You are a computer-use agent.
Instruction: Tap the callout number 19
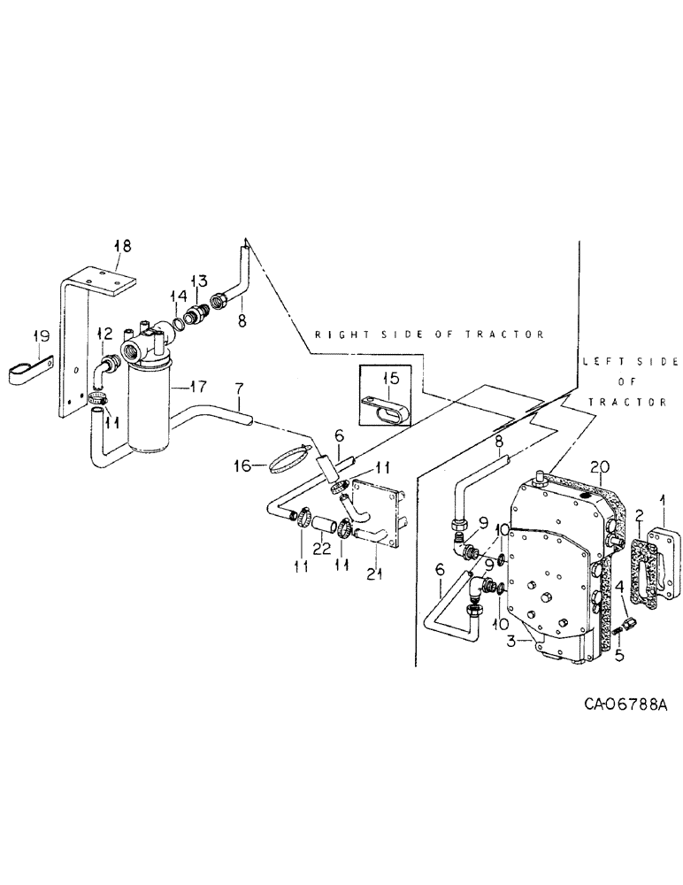pos(39,336)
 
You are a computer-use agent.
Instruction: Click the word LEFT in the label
pos(595,362)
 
